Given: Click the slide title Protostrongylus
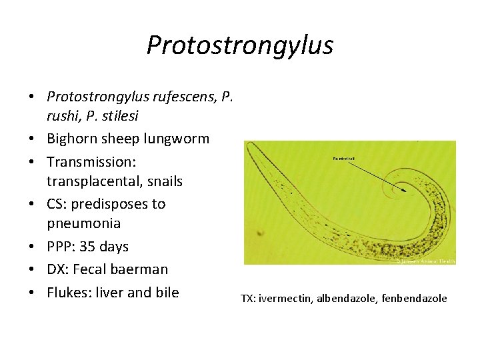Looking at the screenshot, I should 239,45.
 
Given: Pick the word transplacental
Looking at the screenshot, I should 90,181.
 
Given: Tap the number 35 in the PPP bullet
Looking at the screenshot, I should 87,247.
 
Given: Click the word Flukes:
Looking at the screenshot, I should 69,292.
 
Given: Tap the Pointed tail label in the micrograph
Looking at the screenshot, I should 344,159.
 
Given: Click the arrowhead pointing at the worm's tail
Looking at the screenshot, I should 403,189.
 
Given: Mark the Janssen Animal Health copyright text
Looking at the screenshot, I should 425,261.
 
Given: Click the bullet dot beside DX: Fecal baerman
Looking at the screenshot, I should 32,269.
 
